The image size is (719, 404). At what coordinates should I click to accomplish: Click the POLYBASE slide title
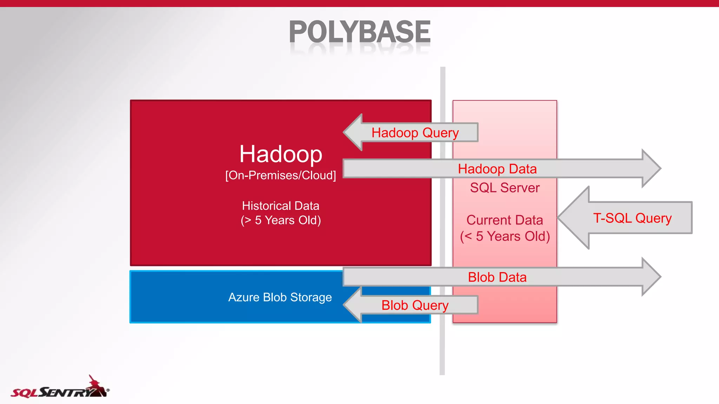359,32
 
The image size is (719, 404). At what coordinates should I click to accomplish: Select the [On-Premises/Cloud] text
281,175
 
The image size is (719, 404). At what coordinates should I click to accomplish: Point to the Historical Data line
281,206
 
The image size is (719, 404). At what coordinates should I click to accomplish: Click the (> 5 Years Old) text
281,220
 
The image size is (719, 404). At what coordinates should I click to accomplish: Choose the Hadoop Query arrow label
415,133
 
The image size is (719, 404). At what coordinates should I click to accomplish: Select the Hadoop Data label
497,169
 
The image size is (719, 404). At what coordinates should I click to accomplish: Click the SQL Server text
504,188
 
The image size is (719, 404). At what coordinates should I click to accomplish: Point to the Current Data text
504,220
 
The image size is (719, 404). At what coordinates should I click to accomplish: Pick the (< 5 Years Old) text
505,236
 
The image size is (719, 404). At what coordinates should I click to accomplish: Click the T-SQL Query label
632,218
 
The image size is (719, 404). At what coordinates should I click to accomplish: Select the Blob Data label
497,277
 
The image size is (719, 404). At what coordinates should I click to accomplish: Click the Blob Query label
415,305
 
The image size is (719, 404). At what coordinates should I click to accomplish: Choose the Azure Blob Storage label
280,297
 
